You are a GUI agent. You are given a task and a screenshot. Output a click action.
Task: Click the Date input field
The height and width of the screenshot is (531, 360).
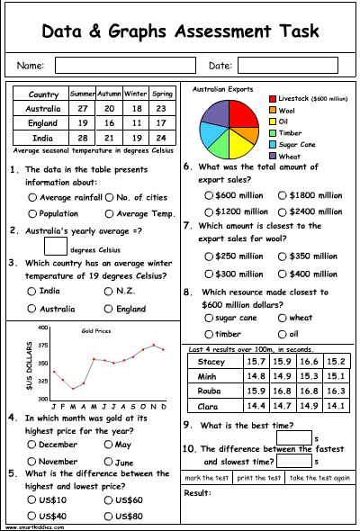[x=287, y=66]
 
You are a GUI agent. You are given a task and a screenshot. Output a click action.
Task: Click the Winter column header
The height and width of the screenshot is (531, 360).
[x=135, y=94]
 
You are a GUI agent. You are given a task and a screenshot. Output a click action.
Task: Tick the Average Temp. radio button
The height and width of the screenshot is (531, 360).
[x=109, y=213]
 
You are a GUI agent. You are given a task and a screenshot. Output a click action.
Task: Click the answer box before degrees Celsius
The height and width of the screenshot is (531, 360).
[x=54, y=245]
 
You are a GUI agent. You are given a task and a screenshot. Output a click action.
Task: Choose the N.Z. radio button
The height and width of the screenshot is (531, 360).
[x=109, y=292]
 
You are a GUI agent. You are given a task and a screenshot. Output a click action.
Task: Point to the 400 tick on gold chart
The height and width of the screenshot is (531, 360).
[x=41, y=328]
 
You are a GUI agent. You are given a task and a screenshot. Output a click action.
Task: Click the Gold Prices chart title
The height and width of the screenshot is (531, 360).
[x=96, y=330]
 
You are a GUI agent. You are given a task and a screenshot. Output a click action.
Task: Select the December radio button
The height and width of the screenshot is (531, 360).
[x=33, y=444]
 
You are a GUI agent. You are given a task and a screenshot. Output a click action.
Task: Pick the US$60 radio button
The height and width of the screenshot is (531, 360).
[x=109, y=499]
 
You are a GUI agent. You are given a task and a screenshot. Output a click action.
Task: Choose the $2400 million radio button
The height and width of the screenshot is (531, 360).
[x=283, y=211]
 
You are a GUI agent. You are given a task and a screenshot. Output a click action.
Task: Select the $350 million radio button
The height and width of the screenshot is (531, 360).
[x=283, y=256]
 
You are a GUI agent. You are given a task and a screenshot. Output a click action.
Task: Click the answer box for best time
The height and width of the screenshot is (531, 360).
[x=300, y=437]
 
